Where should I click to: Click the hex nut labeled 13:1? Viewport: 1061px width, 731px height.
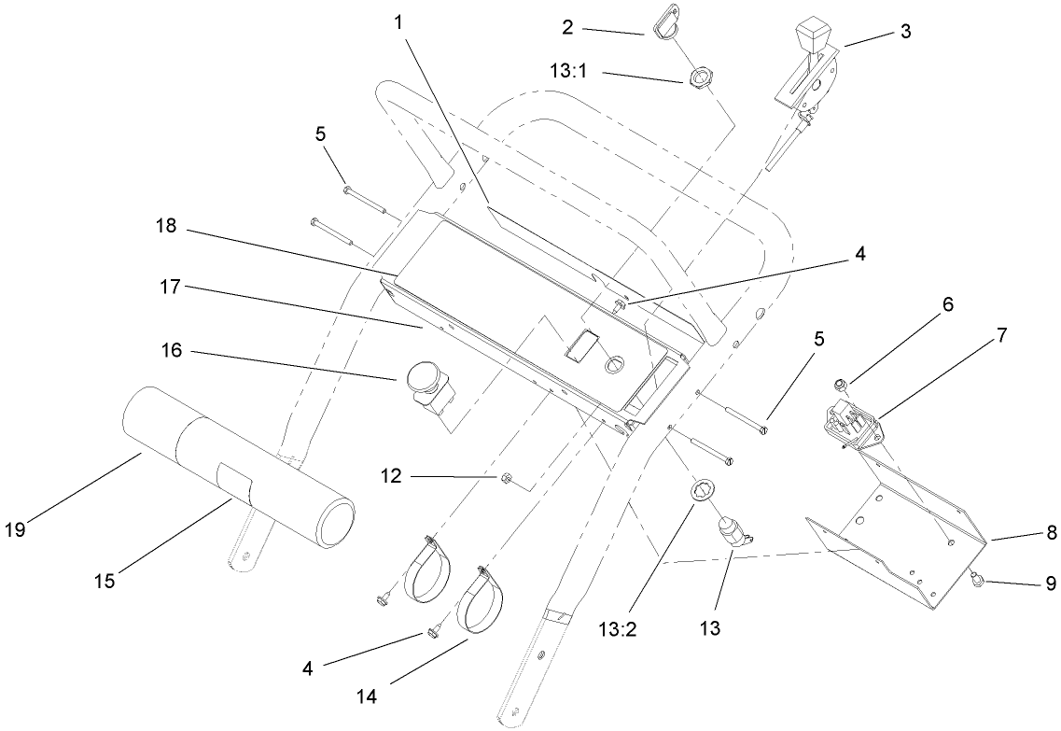click(x=700, y=78)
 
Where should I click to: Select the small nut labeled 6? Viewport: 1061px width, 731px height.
click(x=841, y=383)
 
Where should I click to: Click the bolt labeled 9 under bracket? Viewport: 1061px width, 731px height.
click(x=972, y=580)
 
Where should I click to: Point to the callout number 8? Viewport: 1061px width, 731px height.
click(x=1051, y=533)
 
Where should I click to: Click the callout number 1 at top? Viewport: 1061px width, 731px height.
click(x=399, y=21)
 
